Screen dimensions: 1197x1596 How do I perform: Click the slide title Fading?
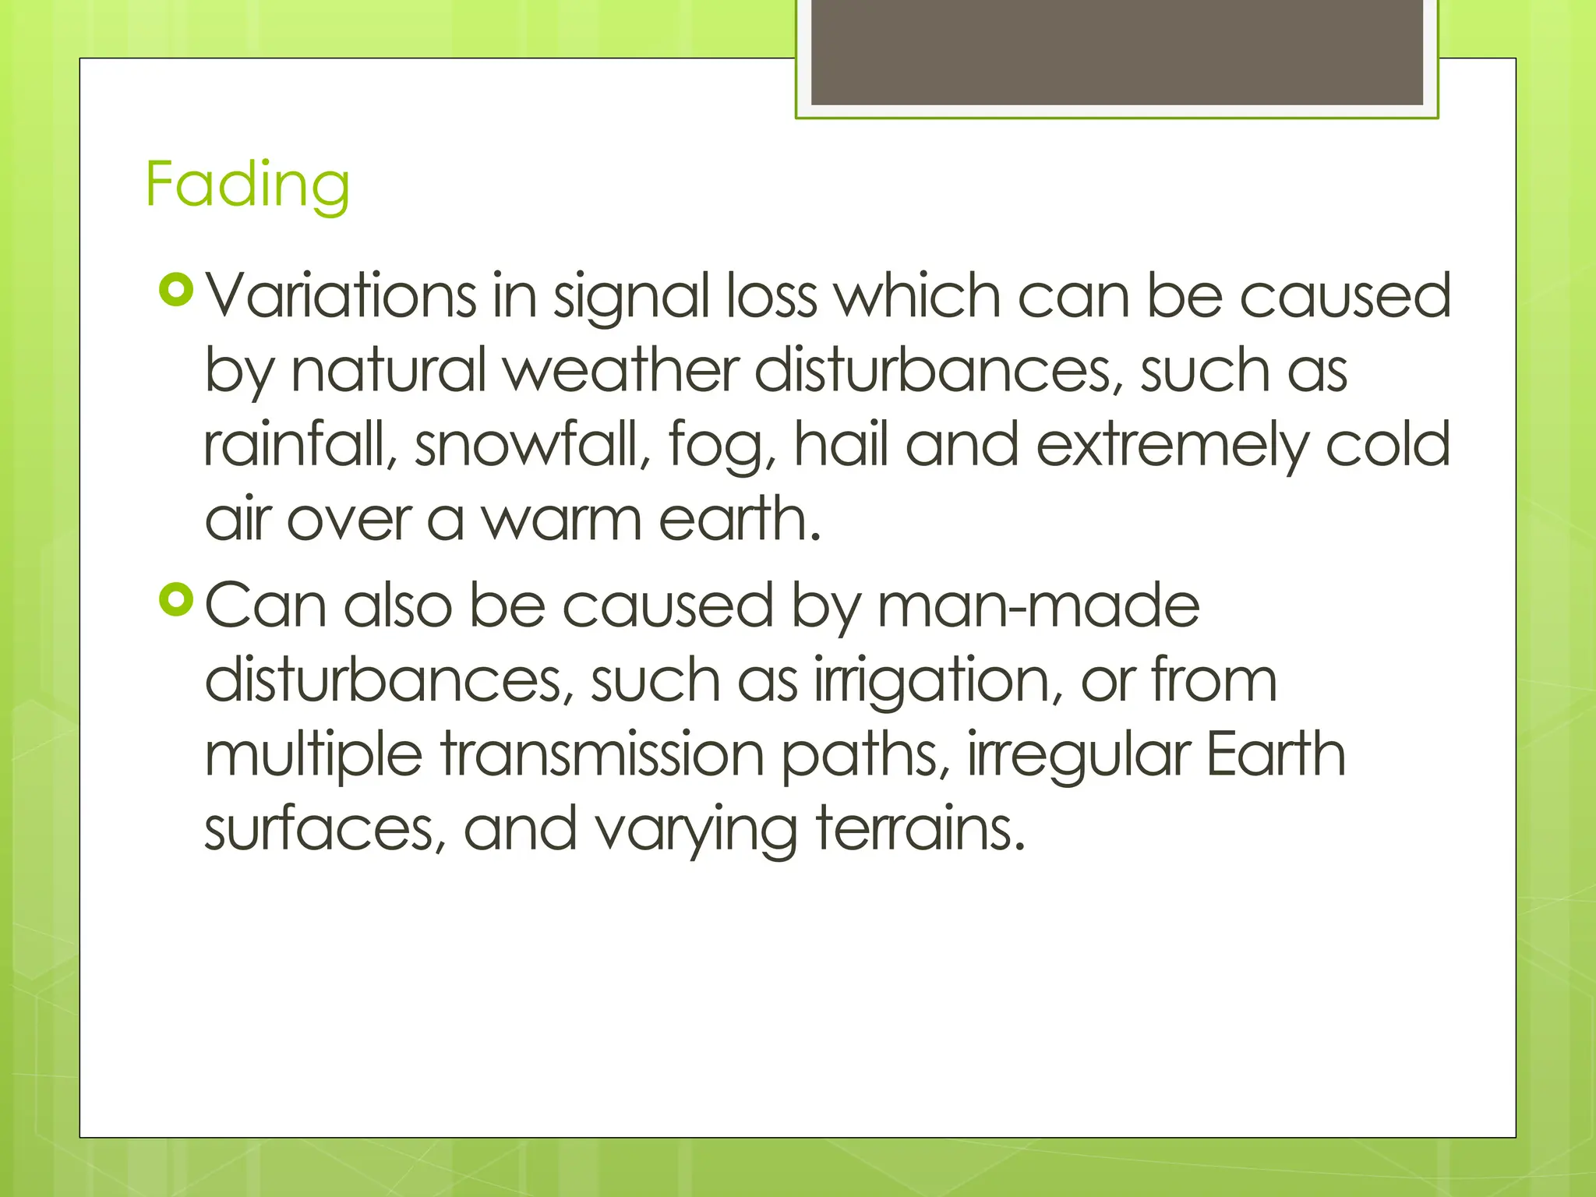pos(247,184)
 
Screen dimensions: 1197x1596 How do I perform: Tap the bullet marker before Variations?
pos(175,291)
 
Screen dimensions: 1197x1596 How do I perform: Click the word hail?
pos(841,444)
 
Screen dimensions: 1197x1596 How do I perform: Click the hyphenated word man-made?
pos(1038,606)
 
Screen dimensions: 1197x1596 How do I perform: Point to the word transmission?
pos(602,754)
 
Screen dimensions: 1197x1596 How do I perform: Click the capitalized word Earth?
pos(1276,754)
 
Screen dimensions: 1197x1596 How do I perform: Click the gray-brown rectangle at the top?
pos(1117,51)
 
